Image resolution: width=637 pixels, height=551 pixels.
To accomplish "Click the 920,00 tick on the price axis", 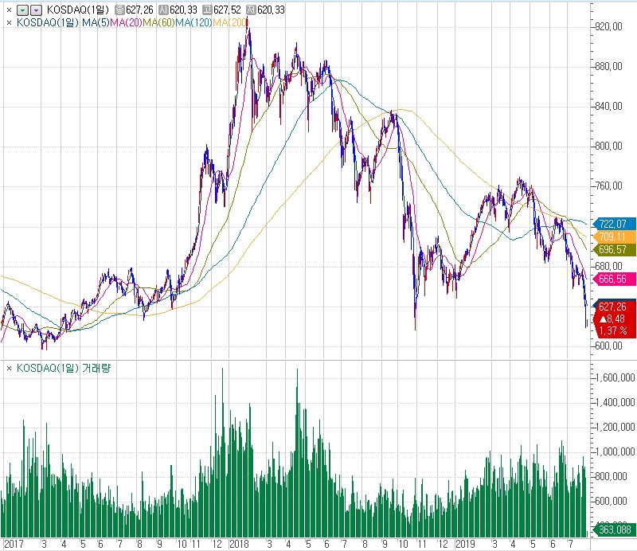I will pyautogui.click(x=611, y=26).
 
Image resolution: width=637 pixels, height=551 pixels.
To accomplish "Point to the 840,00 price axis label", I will pyautogui.click(x=611, y=106).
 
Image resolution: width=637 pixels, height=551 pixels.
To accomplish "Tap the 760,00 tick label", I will pyautogui.click(x=611, y=186).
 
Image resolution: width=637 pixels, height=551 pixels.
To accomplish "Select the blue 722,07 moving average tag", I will pyautogui.click(x=614, y=224).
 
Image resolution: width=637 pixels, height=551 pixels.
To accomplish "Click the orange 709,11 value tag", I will pyautogui.click(x=614, y=237).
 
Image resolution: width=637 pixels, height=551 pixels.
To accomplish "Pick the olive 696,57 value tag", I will pyautogui.click(x=614, y=250).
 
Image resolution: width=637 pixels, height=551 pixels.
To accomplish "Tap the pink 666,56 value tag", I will pyautogui.click(x=614, y=279).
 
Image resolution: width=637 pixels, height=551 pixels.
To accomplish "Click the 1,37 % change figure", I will pyautogui.click(x=612, y=330).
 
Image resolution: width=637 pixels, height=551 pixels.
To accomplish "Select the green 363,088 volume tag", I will pyautogui.click(x=614, y=530).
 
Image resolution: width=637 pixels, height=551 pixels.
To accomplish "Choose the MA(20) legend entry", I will pyautogui.click(x=127, y=22).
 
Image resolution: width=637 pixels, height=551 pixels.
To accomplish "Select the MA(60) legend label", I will pyautogui.click(x=159, y=22).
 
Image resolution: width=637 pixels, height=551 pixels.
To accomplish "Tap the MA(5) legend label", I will pyautogui.click(x=96, y=22).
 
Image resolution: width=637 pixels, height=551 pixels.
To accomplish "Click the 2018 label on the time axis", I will pyautogui.click(x=239, y=545).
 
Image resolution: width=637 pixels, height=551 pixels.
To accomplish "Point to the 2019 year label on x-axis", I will pyautogui.click(x=465, y=545).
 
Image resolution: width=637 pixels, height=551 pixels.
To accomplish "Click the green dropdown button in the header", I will pyautogui.click(x=21, y=10).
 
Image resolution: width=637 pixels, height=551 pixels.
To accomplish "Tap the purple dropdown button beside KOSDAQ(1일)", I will pyautogui.click(x=36, y=10).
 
